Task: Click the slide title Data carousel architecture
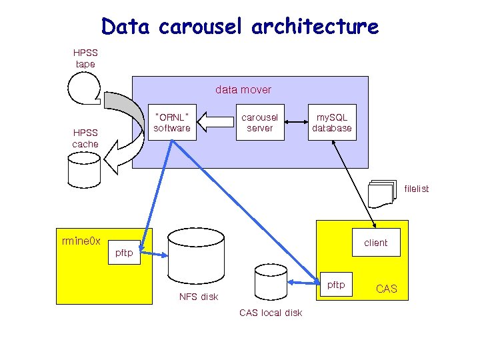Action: click(240, 27)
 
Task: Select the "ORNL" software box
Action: click(172, 122)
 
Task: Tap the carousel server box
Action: click(259, 122)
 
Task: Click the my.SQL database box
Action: click(331, 122)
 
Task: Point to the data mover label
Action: click(243, 89)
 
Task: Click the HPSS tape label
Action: click(85, 58)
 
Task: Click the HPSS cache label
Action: click(85, 138)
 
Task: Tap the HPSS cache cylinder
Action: click(83, 169)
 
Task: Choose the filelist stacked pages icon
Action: click(381, 193)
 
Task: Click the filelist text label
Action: click(416, 189)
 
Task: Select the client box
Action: click(375, 243)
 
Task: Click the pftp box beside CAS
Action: click(336, 285)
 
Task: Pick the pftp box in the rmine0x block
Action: click(124, 253)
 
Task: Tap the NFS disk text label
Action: click(199, 297)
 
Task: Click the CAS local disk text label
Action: click(271, 313)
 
